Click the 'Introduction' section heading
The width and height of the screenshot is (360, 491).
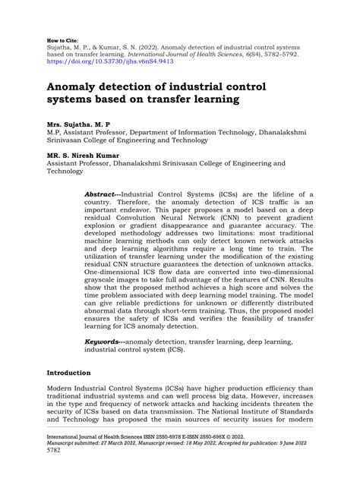tap(69, 395)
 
